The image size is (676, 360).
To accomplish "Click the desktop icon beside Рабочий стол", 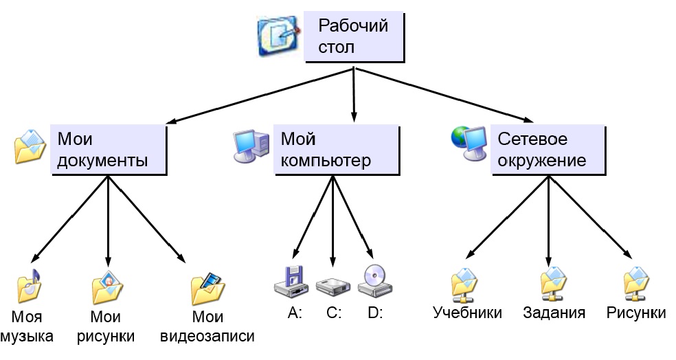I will point(278,37).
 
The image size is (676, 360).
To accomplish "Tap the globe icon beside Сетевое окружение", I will point(467,145).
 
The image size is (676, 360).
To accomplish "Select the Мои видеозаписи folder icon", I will point(207,288).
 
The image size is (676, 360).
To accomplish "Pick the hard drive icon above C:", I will point(333,283).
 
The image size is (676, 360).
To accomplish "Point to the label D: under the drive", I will point(375,313).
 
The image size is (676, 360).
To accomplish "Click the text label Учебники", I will point(467,313).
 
